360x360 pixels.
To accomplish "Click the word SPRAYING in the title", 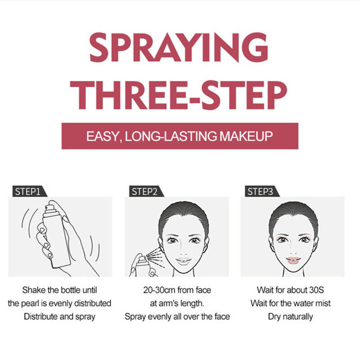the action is coord(179,47).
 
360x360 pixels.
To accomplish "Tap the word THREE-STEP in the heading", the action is coord(178,95).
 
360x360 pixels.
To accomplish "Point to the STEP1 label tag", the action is coord(29,191).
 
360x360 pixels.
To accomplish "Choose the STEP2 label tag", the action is coord(146,191).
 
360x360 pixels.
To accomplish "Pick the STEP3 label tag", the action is coord(262,191).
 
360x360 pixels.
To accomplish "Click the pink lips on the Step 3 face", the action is coord(293,260).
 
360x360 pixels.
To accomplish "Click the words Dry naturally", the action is coord(290,317).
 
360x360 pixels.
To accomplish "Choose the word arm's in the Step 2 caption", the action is coord(168,303).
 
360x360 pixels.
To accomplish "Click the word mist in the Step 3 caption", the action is coord(323,303).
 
